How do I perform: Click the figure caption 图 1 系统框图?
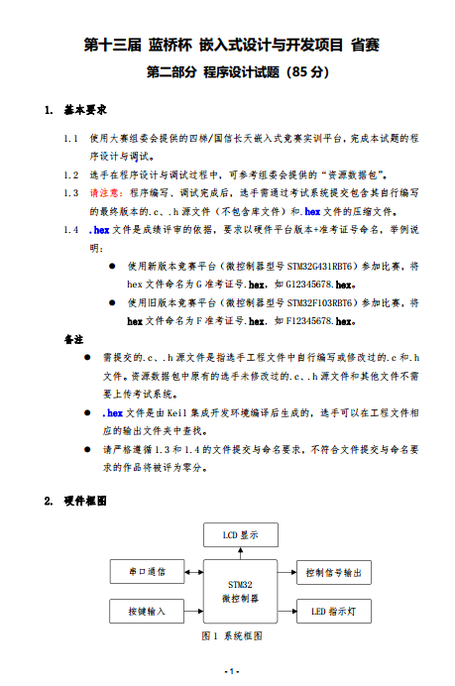point(234,635)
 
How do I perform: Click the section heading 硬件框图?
point(84,501)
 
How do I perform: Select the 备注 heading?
point(73,339)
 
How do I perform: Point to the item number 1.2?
point(69,173)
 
